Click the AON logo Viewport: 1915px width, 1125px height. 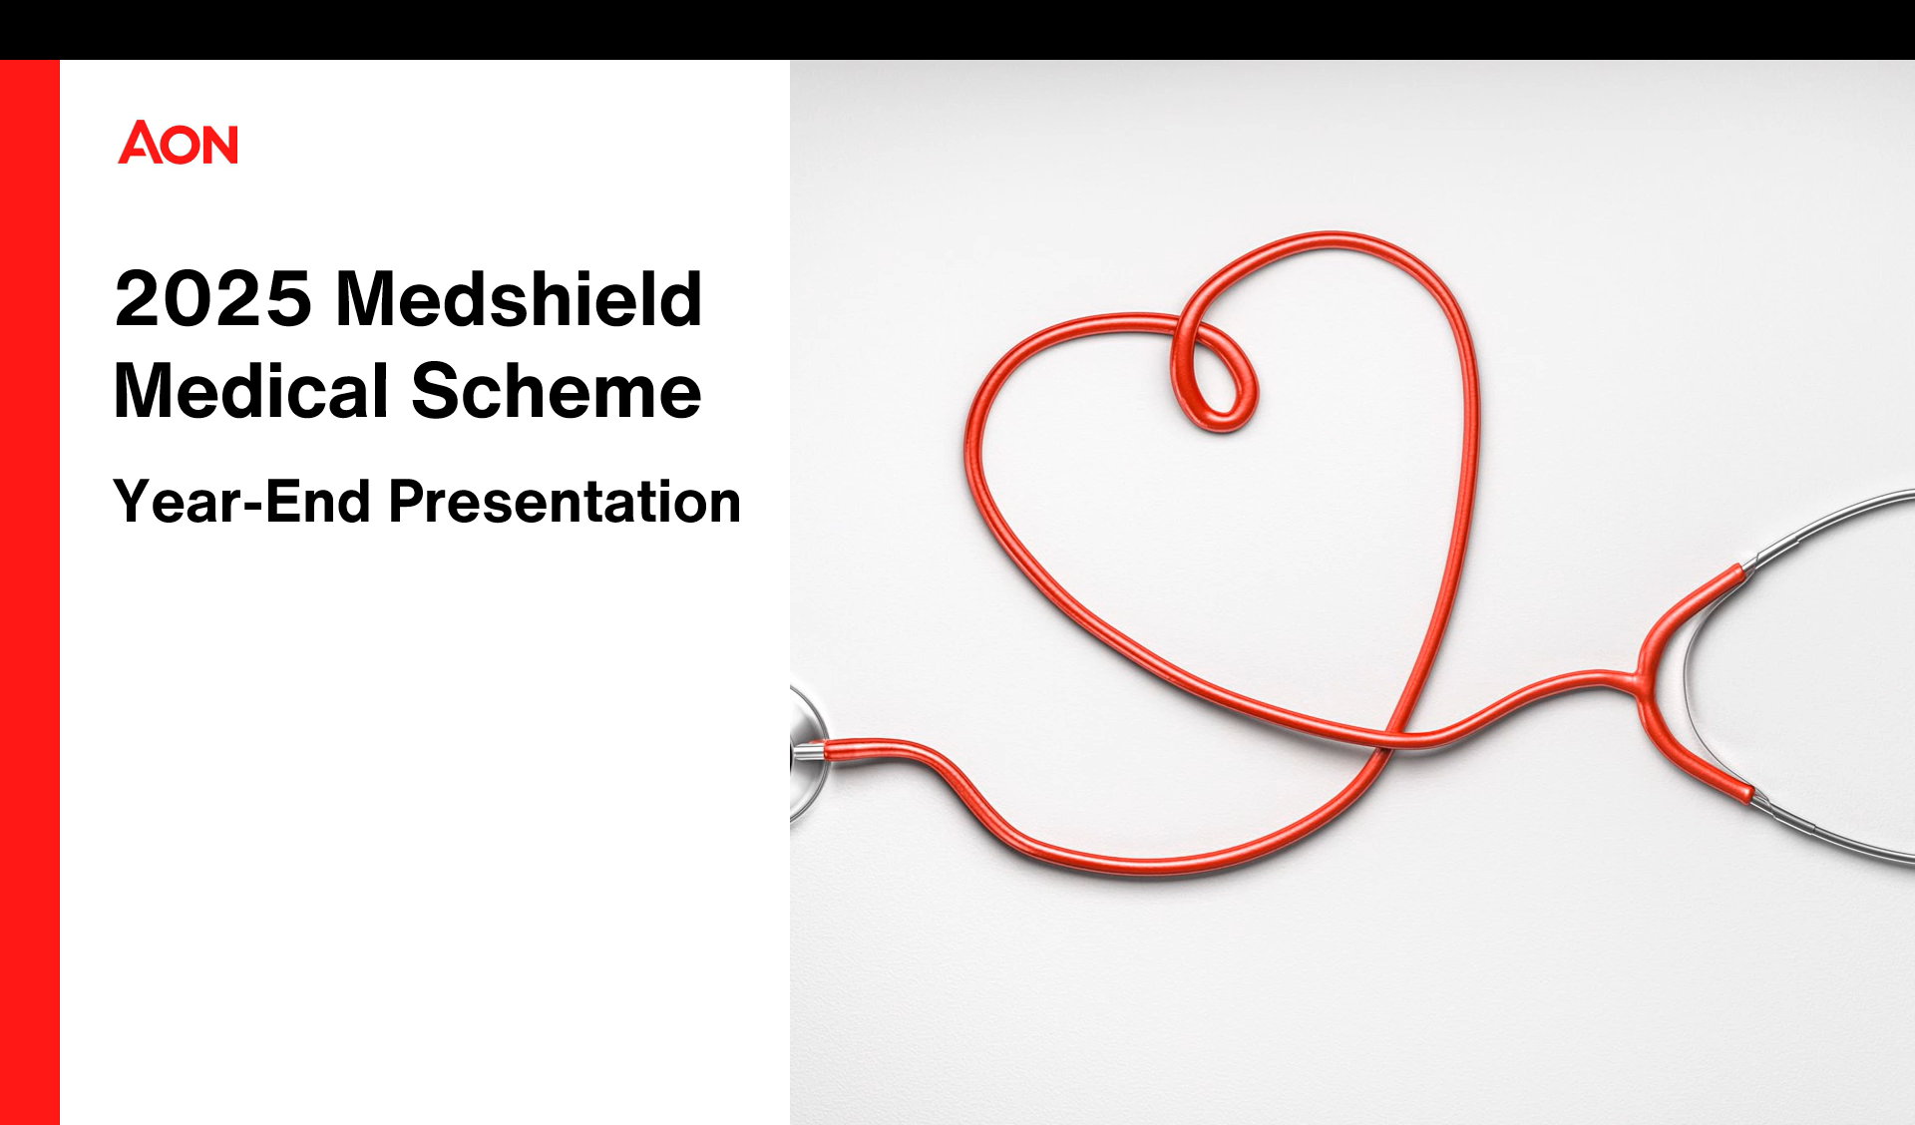click(179, 143)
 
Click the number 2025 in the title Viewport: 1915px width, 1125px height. click(213, 298)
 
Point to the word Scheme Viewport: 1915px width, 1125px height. click(557, 390)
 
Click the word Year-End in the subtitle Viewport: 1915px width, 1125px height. click(242, 501)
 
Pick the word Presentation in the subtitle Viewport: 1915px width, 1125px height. click(565, 501)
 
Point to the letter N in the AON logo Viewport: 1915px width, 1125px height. click(220, 144)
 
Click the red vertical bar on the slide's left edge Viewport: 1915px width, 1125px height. click(30, 592)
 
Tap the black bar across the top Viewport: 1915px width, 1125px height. click(957, 30)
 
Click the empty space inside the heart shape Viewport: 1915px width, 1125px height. click(1227, 539)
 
